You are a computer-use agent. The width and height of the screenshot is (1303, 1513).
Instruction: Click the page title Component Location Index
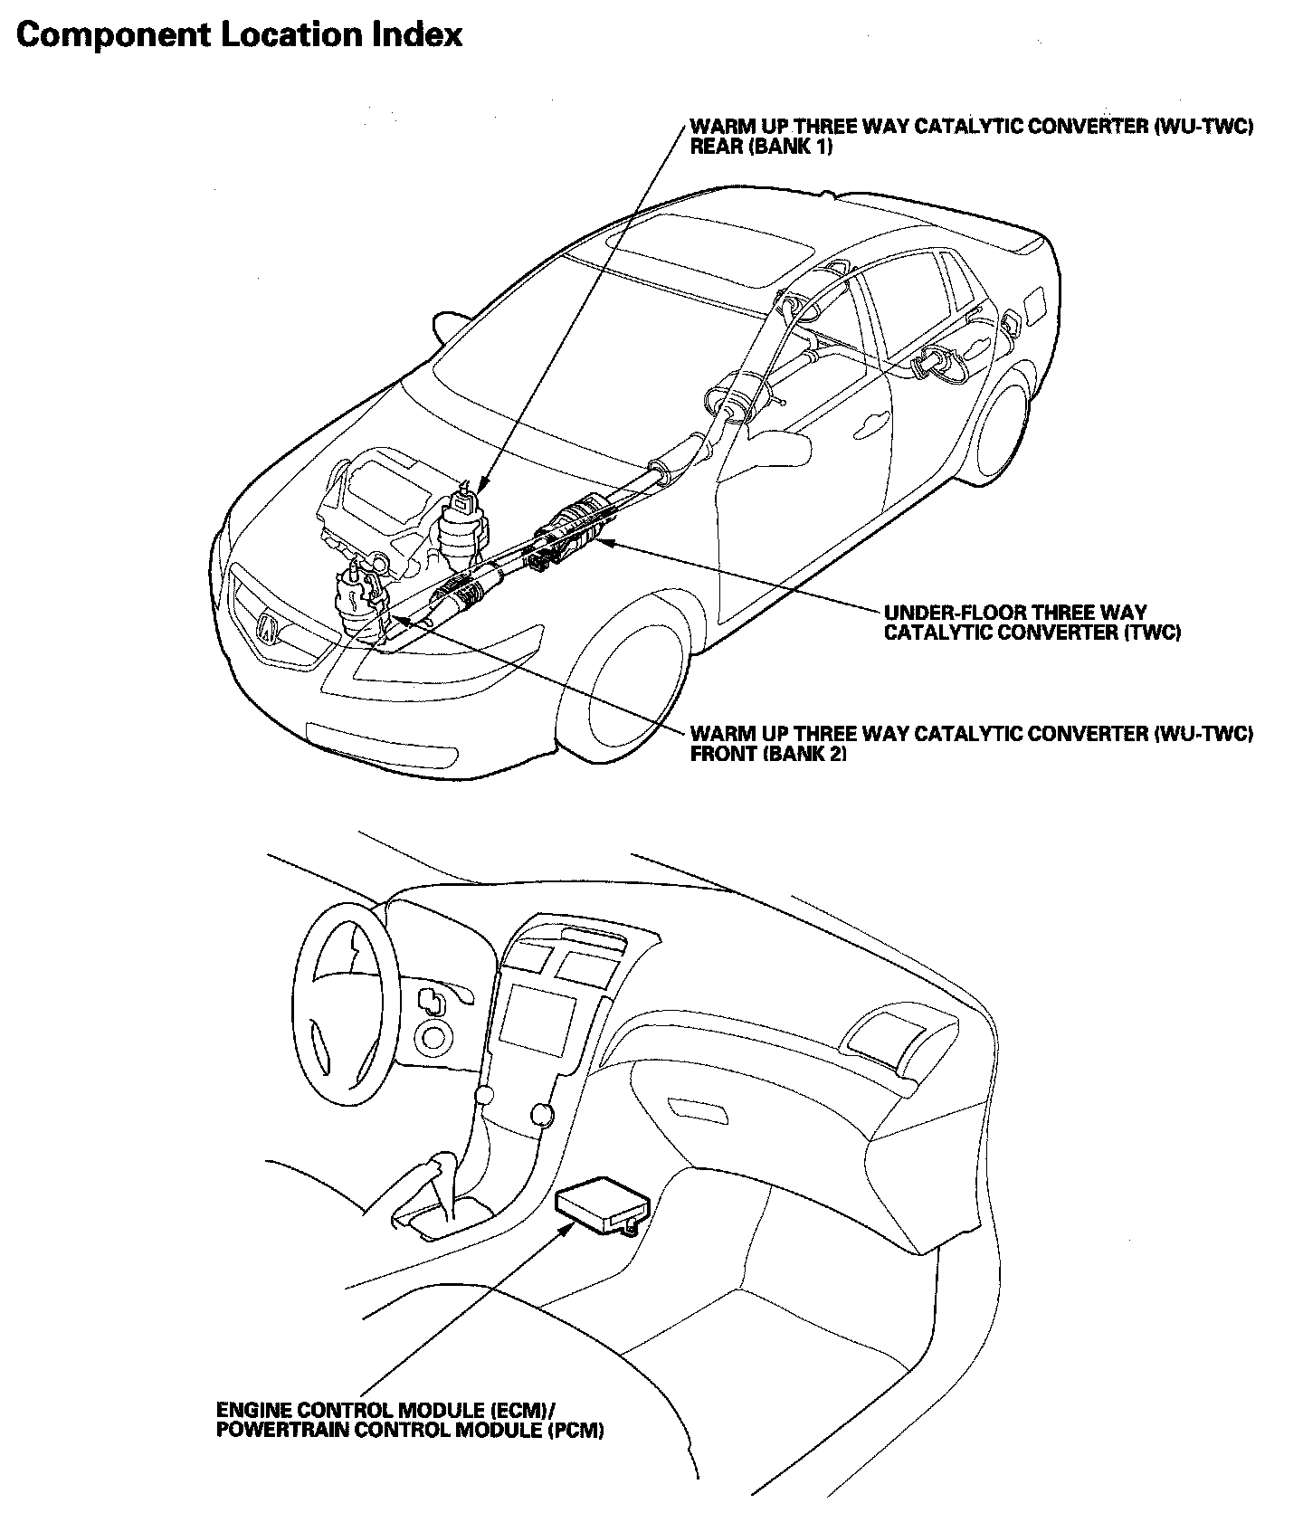240,35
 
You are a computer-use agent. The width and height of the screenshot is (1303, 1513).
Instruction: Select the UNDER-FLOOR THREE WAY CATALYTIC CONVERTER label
1032,623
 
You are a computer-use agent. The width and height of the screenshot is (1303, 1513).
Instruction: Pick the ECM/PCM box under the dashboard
602,1204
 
